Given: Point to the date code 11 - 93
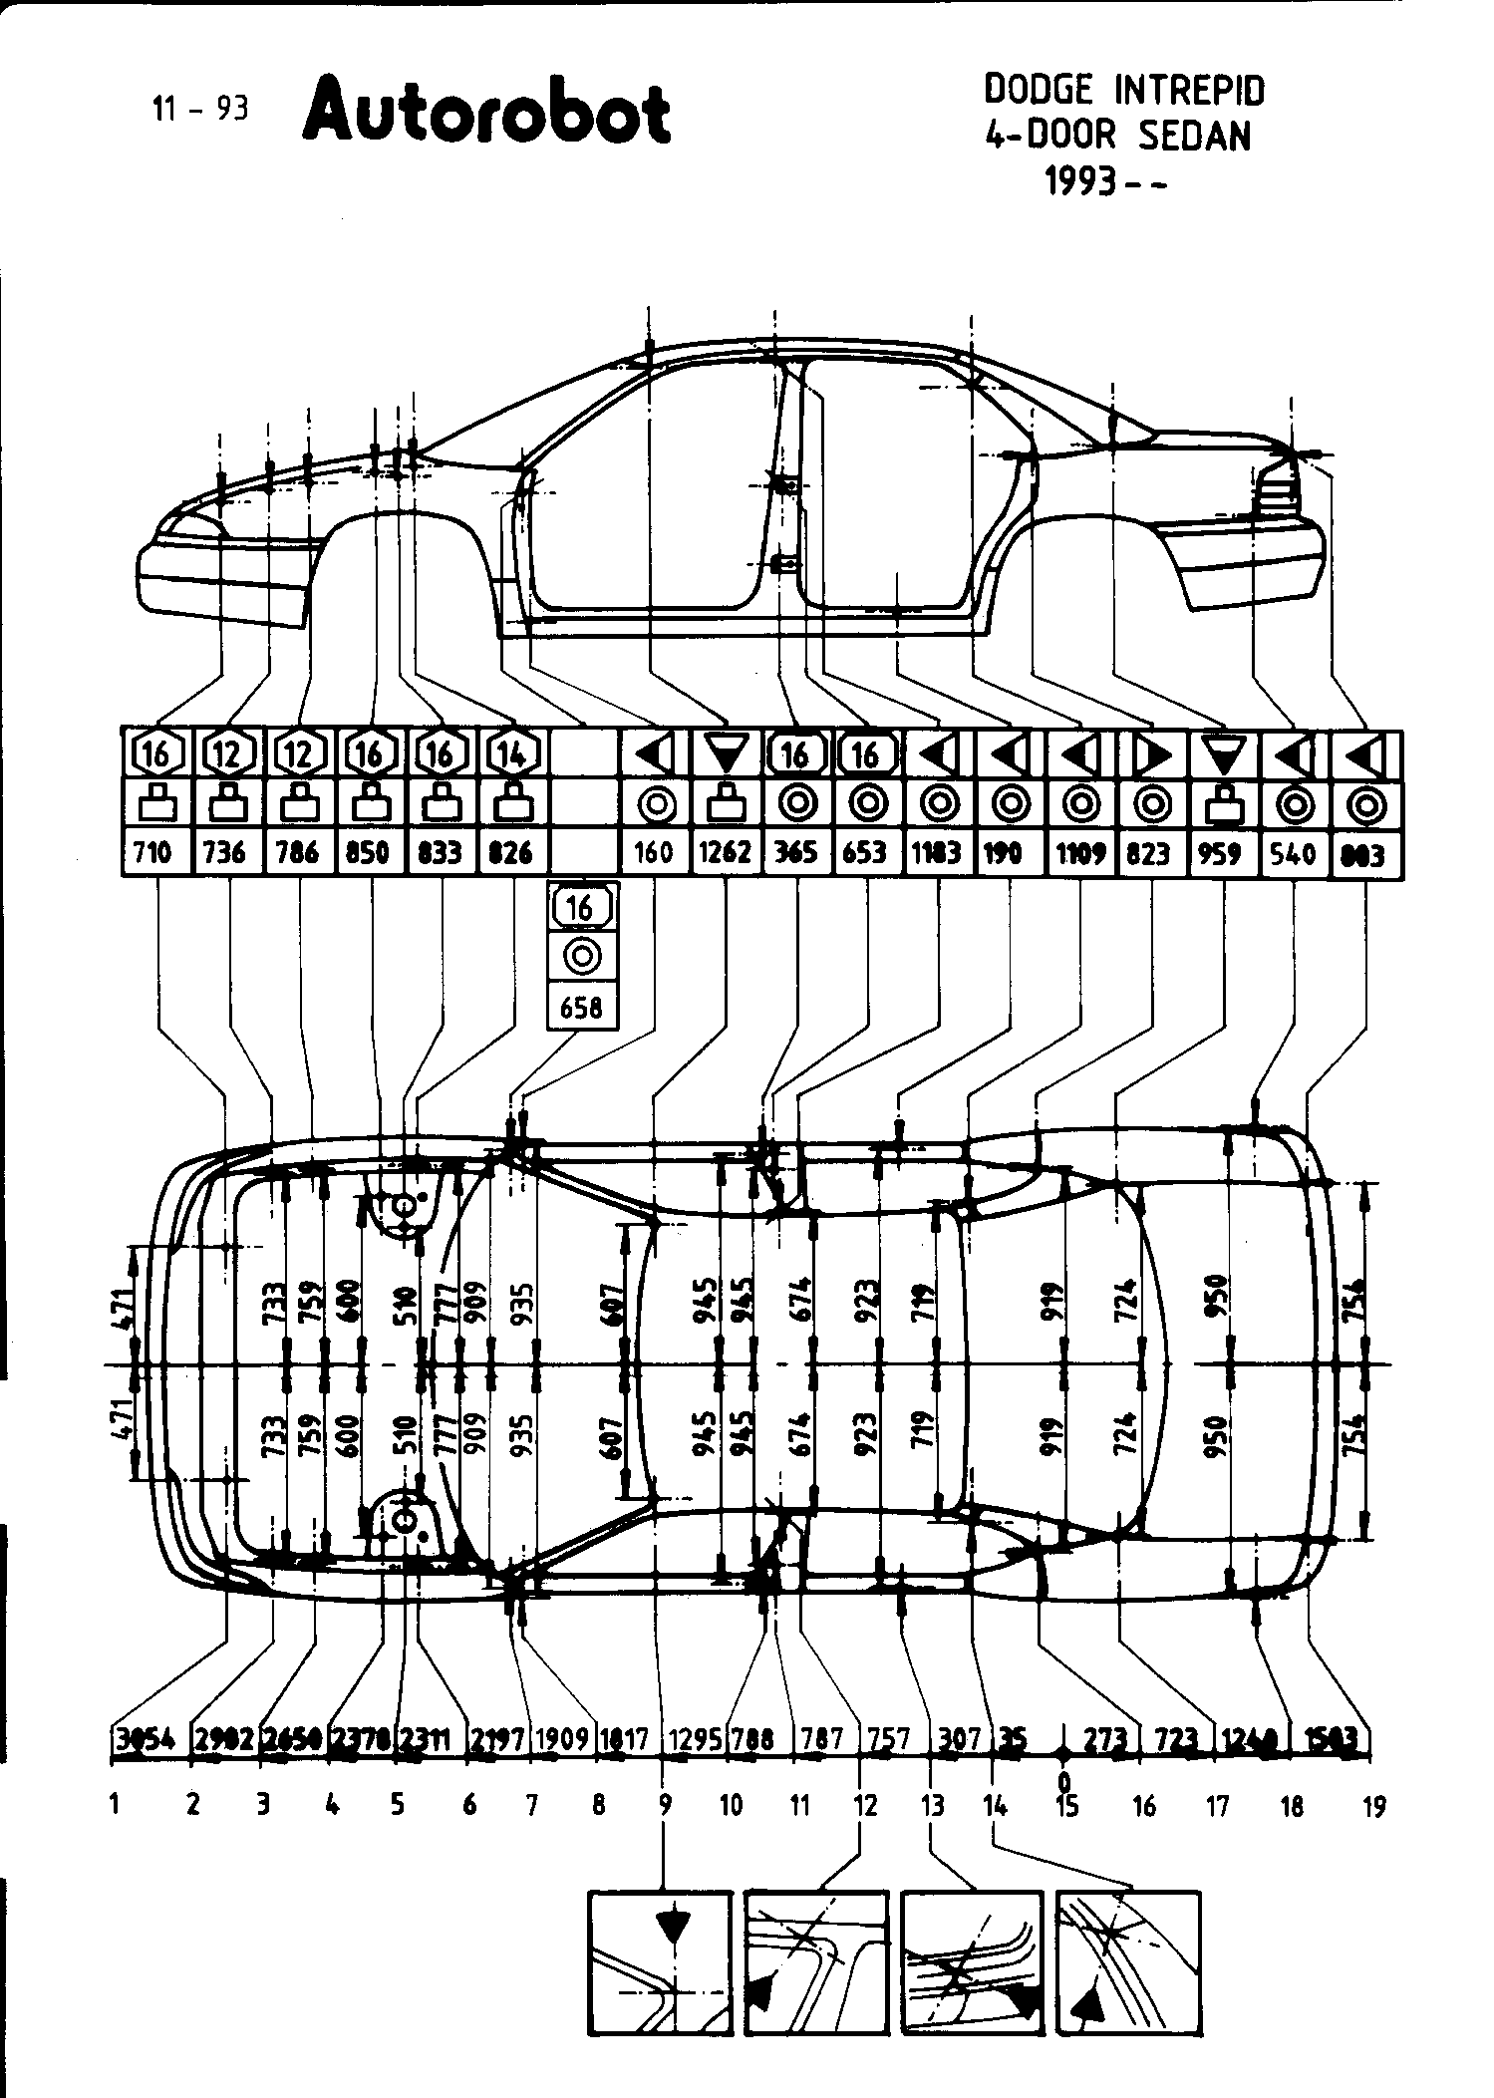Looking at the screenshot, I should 200,109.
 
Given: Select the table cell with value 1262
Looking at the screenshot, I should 726,853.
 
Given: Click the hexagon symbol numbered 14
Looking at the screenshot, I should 512,754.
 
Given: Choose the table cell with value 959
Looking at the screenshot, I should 1222,853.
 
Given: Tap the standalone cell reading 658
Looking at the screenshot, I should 582,1008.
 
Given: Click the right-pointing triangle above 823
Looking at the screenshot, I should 1151,754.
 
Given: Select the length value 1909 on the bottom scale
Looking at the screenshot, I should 564,1739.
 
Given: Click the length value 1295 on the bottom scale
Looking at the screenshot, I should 694,1739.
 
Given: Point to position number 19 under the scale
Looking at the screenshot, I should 1373,1805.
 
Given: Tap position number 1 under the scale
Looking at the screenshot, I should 117,1805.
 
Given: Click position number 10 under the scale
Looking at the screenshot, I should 732,1805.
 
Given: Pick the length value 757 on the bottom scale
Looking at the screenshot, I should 889,1739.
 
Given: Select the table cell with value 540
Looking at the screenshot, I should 1292,853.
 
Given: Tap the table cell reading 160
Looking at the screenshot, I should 654,853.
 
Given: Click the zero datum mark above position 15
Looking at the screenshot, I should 1064,1780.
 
